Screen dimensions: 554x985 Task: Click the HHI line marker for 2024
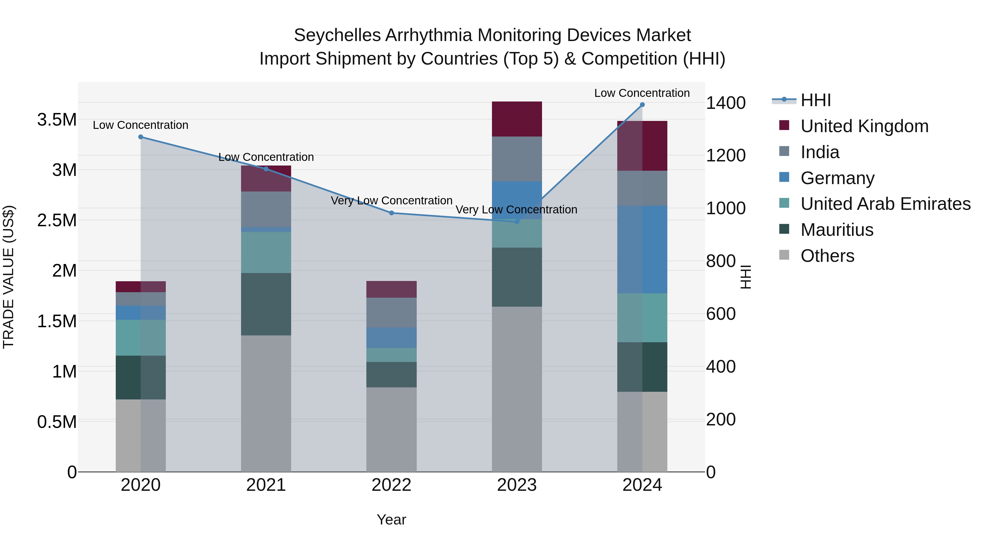coord(642,105)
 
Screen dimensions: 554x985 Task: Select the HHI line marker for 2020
coord(141,137)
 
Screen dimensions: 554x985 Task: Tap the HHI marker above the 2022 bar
coord(392,213)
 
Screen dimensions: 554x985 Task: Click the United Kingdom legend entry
coord(864,126)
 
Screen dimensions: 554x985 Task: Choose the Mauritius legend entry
coord(837,230)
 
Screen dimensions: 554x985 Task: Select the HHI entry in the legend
coord(815,100)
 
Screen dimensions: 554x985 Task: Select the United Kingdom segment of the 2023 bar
coord(517,119)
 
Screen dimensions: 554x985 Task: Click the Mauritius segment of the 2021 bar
coord(266,304)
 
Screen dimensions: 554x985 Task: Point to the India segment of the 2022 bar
coord(392,312)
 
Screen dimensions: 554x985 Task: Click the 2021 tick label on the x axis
coord(266,485)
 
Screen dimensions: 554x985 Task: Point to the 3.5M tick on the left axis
coord(57,120)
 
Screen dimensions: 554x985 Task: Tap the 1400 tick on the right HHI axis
coord(725,103)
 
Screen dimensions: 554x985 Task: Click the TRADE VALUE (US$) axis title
coord(8,277)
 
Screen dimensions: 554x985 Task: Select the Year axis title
coord(391,520)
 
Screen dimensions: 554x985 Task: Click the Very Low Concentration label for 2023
coord(516,210)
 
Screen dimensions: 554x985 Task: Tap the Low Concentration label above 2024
coord(642,93)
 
